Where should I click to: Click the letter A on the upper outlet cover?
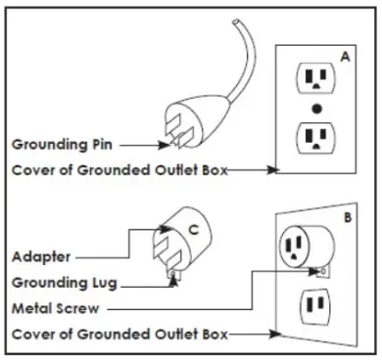pyautogui.click(x=346, y=58)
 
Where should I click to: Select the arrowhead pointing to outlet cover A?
pyautogui.click(x=276, y=168)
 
